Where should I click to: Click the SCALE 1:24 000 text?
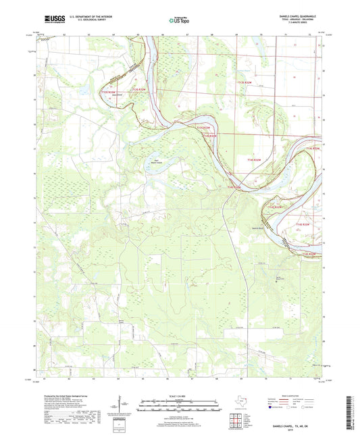[179, 394]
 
